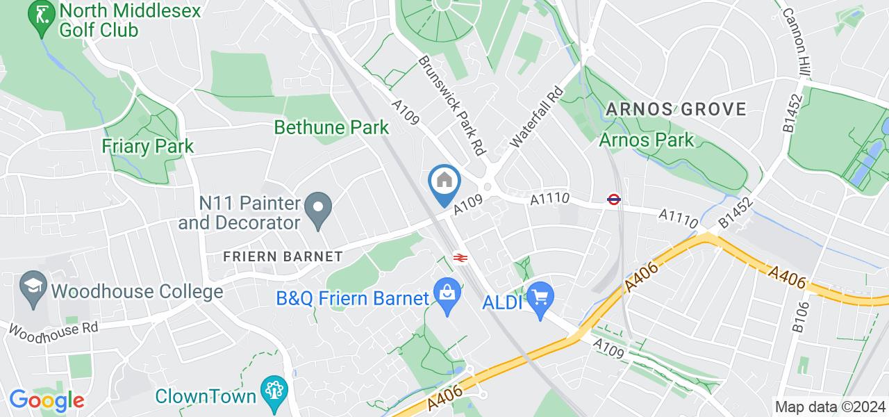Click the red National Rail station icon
[x=459, y=257]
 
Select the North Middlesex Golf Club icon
[x=42, y=19]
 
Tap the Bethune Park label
[x=331, y=127]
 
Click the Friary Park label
[x=147, y=146]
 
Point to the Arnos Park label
[x=647, y=140]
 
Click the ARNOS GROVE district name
[x=676, y=109]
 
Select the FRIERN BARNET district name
[x=283, y=256]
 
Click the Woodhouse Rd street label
[x=53, y=329]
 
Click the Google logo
[x=46, y=400]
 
